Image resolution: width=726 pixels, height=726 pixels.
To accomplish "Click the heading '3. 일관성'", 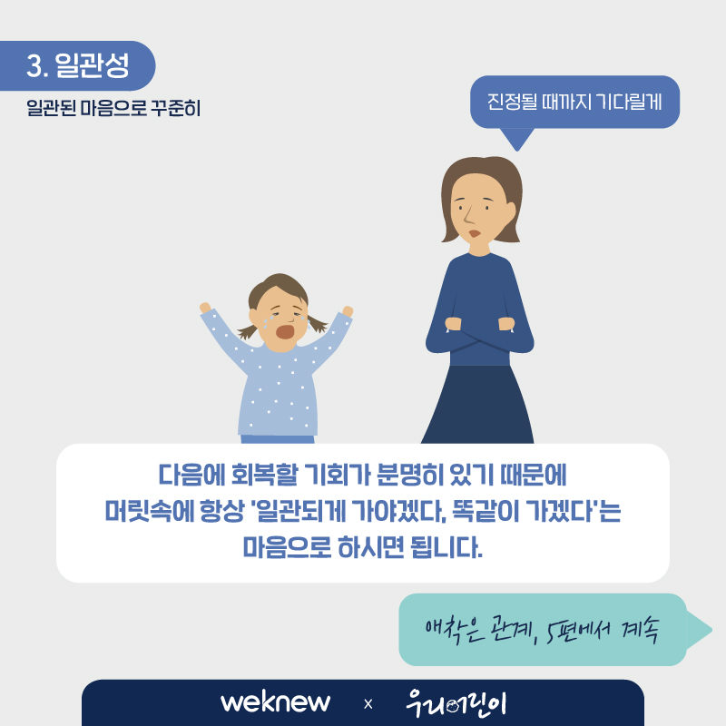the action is click(x=77, y=65).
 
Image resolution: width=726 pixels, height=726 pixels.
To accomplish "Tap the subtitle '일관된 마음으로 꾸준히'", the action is click(x=113, y=108).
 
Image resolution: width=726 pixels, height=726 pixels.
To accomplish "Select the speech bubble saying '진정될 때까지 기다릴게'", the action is click(x=574, y=102).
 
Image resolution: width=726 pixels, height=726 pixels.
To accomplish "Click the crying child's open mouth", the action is click(x=285, y=331).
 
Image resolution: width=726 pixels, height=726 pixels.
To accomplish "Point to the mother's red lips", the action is click(x=474, y=233).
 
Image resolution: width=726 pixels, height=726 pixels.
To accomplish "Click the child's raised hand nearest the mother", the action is click(x=348, y=311).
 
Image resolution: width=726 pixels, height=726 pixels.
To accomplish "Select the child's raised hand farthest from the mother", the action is click(x=205, y=308).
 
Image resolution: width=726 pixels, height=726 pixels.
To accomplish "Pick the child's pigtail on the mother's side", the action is click(x=318, y=323).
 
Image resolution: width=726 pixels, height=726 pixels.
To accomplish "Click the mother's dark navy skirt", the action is click(x=478, y=404).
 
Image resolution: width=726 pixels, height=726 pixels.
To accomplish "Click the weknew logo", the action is click(x=276, y=702).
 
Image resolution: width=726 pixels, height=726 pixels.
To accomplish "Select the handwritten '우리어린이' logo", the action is click(x=456, y=703).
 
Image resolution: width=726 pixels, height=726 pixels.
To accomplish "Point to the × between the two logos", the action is click(x=368, y=704).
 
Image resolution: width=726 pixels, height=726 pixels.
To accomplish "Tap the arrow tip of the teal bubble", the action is click(x=711, y=630).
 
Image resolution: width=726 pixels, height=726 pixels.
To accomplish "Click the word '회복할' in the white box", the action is click(x=264, y=475).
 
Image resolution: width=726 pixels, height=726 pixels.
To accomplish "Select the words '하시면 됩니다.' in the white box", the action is click(x=410, y=547).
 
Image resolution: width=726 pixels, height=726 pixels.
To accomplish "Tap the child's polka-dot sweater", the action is click(x=278, y=389).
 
